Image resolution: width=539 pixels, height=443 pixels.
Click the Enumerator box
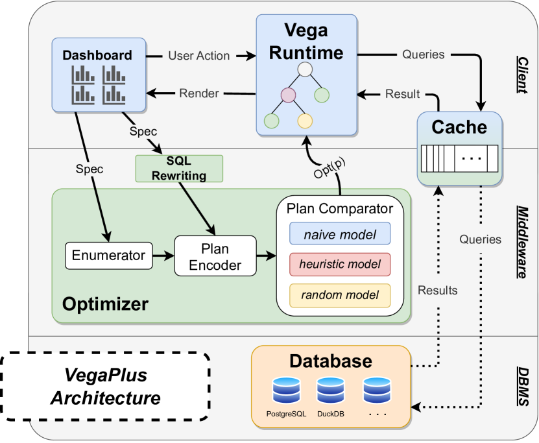[x=108, y=256]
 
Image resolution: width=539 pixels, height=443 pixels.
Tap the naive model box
[x=340, y=234]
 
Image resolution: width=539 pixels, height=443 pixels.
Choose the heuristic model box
[x=340, y=265]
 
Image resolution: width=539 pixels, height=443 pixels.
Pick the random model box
[x=340, y=295]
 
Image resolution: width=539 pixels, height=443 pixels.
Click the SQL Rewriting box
[x=179, y=169]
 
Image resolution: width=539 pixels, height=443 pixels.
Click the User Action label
[x=198, y=56]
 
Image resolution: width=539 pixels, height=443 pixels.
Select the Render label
[x=198, y=93]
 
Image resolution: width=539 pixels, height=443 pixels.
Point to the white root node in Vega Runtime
[x=305, y=69]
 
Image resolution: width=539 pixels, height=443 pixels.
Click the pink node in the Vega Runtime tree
[x=289, y=96]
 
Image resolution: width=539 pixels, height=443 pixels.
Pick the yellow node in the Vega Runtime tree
[x=305, y=121]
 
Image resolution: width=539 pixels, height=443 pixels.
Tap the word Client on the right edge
[x=523, y=73]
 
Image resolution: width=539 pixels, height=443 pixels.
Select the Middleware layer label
[x=521, y=241]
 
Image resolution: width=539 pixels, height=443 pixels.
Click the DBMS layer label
[x=523, y=387]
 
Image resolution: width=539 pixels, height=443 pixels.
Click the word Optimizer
[x=105, y=304]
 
